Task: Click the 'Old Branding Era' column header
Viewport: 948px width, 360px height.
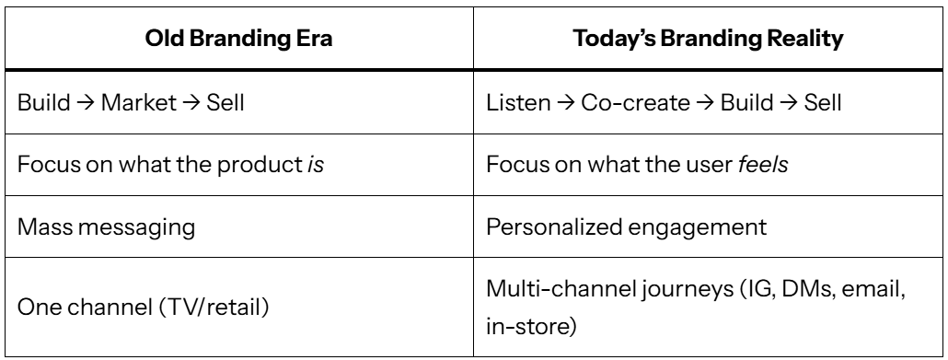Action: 238,39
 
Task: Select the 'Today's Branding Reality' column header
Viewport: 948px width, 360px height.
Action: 708,39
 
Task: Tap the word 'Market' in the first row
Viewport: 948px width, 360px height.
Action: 138,102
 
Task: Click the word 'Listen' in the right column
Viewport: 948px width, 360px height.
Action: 518,102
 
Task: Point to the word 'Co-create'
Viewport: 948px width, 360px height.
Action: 635,102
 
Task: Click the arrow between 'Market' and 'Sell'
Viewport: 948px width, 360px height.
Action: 191,103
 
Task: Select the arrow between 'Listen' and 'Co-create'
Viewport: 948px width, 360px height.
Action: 565,103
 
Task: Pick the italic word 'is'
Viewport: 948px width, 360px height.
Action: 316,164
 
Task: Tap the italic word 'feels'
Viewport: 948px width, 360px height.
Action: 763,164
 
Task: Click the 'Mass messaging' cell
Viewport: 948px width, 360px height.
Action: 107,226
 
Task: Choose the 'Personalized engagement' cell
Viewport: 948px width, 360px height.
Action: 627,226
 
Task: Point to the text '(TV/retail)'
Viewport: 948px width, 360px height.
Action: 214,308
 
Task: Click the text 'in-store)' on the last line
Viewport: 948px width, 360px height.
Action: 531,326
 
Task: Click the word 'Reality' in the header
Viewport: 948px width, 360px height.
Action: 805,39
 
